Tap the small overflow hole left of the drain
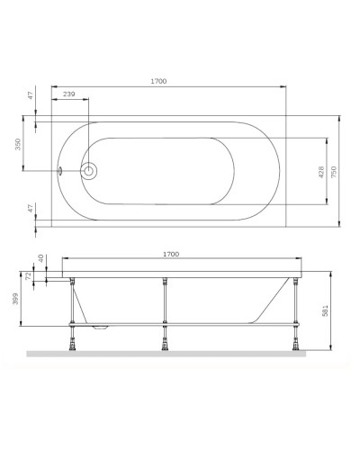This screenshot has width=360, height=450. tap(61, 168)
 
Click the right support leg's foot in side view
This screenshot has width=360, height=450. tap(293, 343)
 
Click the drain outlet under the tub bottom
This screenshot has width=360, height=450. tap(101, 326)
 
